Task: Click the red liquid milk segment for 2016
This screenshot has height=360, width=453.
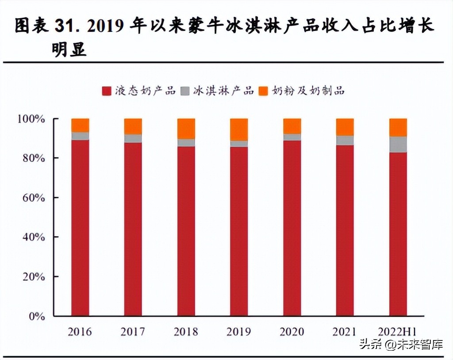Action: click(x=80, y=228)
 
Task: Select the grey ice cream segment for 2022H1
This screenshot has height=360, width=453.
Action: click(x=398, y=145)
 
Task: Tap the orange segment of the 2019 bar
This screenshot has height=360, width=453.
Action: click(x=239, y=130)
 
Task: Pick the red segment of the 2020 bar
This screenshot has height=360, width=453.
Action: click(x=292, y=228)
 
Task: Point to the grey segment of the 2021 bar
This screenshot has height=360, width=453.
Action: click(x=345, y=140)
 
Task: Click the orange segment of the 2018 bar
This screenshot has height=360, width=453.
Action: click(x=186, y=129)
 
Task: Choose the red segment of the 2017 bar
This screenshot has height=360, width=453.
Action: click(x=133, y=229)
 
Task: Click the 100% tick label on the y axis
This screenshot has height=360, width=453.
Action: click(x=31, y=119)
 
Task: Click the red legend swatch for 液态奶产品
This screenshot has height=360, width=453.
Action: click(x=106, y=91)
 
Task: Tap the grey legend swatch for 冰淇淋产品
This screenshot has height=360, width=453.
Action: click(x=185, y=91)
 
